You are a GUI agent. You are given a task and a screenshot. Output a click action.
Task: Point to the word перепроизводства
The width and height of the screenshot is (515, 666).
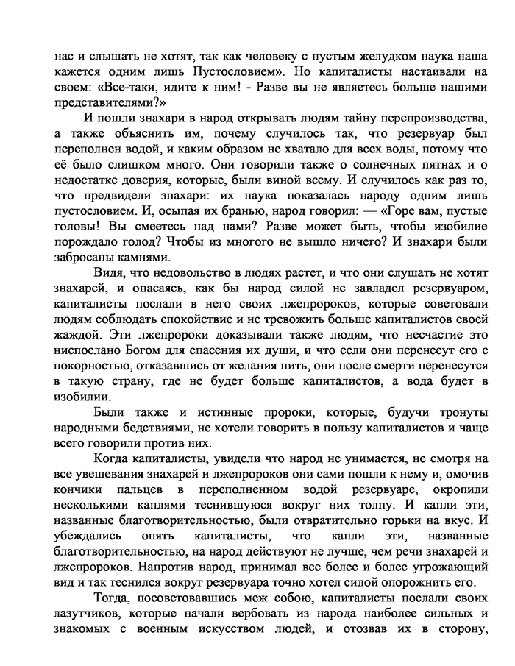point(401,121)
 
